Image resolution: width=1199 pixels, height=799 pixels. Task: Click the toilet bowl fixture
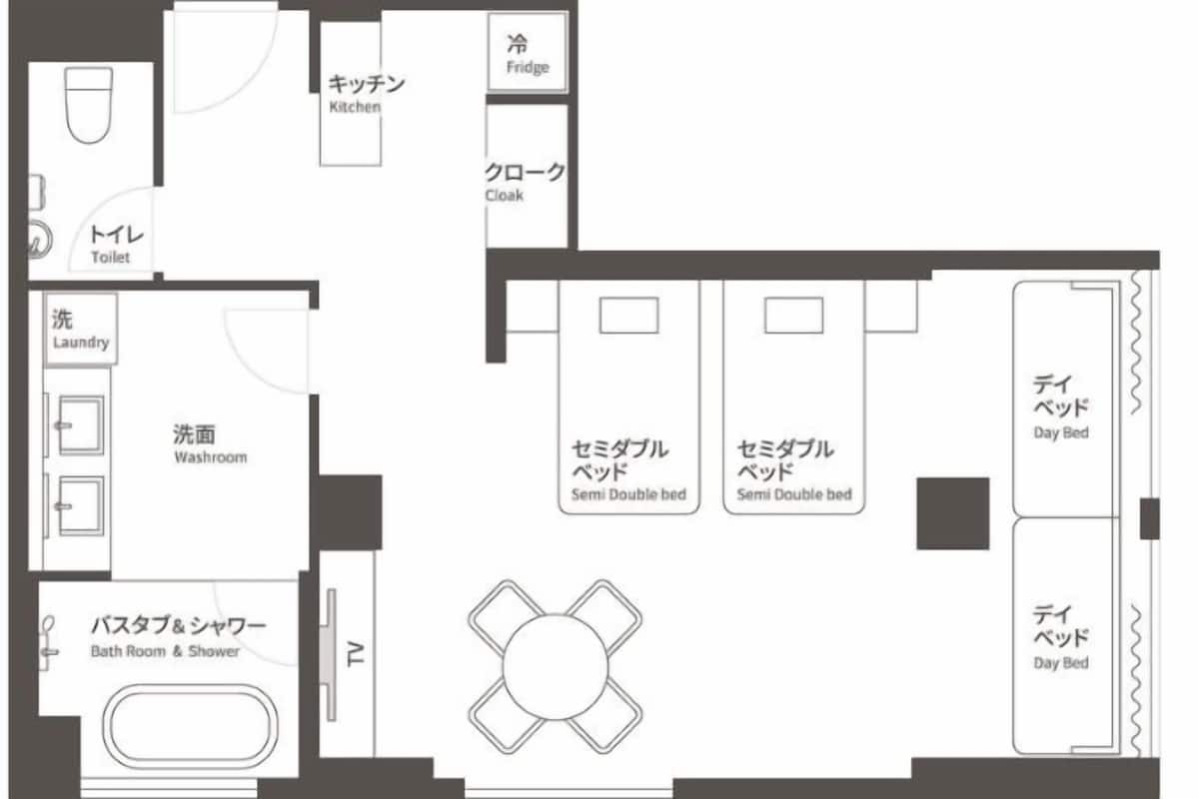(88, 106)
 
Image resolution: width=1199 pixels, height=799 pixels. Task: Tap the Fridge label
(528, 68)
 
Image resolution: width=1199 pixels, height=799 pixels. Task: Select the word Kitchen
(355, 107)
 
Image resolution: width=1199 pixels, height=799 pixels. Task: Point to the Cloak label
(505, 196)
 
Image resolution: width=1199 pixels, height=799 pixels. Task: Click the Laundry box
(81, 330)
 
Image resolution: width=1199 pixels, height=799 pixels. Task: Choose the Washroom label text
(211, 457)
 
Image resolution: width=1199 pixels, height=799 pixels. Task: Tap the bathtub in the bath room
(191, 727)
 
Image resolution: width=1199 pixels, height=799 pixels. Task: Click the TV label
(356, 653)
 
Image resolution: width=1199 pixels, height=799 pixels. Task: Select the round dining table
(556, 667)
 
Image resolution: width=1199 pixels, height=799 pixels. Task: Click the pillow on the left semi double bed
(628, 316)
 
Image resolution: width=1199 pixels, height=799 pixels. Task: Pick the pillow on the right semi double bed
(793, 316)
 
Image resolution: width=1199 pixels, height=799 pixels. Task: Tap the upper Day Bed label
(1061, 432)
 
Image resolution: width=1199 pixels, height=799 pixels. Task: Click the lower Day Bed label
(1061, 663)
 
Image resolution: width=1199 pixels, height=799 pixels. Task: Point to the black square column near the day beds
(953, 513)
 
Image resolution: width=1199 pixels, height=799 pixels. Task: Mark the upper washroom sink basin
(81, 425)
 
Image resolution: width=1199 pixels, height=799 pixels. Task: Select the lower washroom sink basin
(81, 505)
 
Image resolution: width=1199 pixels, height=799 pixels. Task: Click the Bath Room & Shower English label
(165, 651)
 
